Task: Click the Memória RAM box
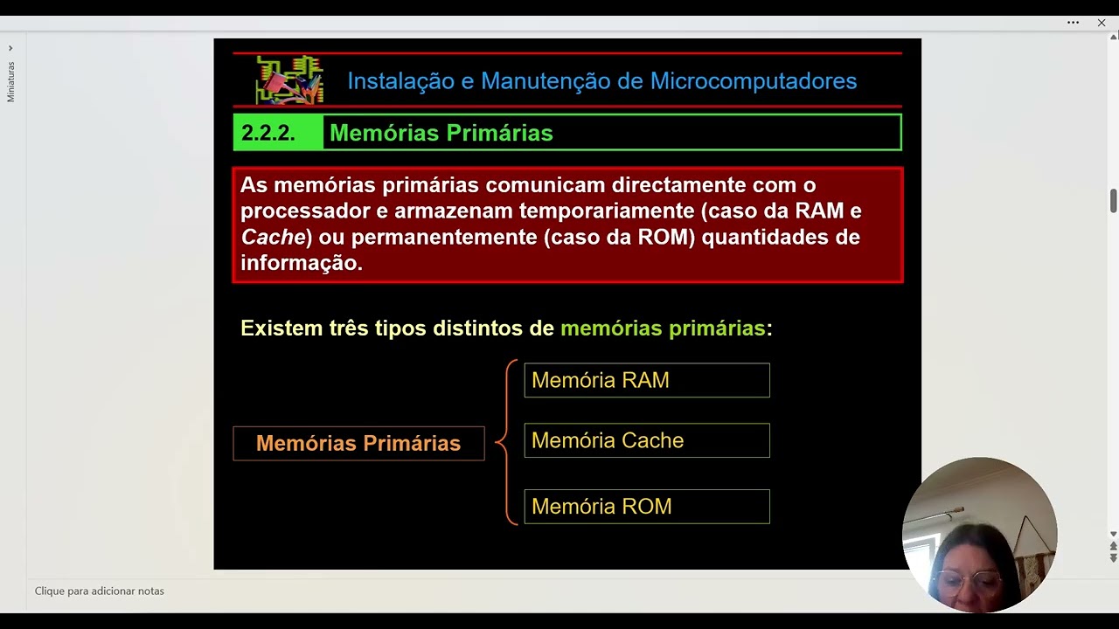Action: coord(646,380)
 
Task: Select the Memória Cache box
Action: coord(646,440)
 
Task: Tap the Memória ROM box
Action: coord(646,507)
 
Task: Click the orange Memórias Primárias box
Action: coord(358,443)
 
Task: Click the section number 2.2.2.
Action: coord(268,133)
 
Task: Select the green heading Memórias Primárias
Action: coord(441,133)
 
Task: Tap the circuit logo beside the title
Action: coord(289,79)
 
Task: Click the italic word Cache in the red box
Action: coord(273,237)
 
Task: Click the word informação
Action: coord(301,263)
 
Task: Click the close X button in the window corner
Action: coord(1102,23)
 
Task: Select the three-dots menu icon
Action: coord(1073,23)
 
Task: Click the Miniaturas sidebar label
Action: coord(11,82)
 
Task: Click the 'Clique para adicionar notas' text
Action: coord(100,591)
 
